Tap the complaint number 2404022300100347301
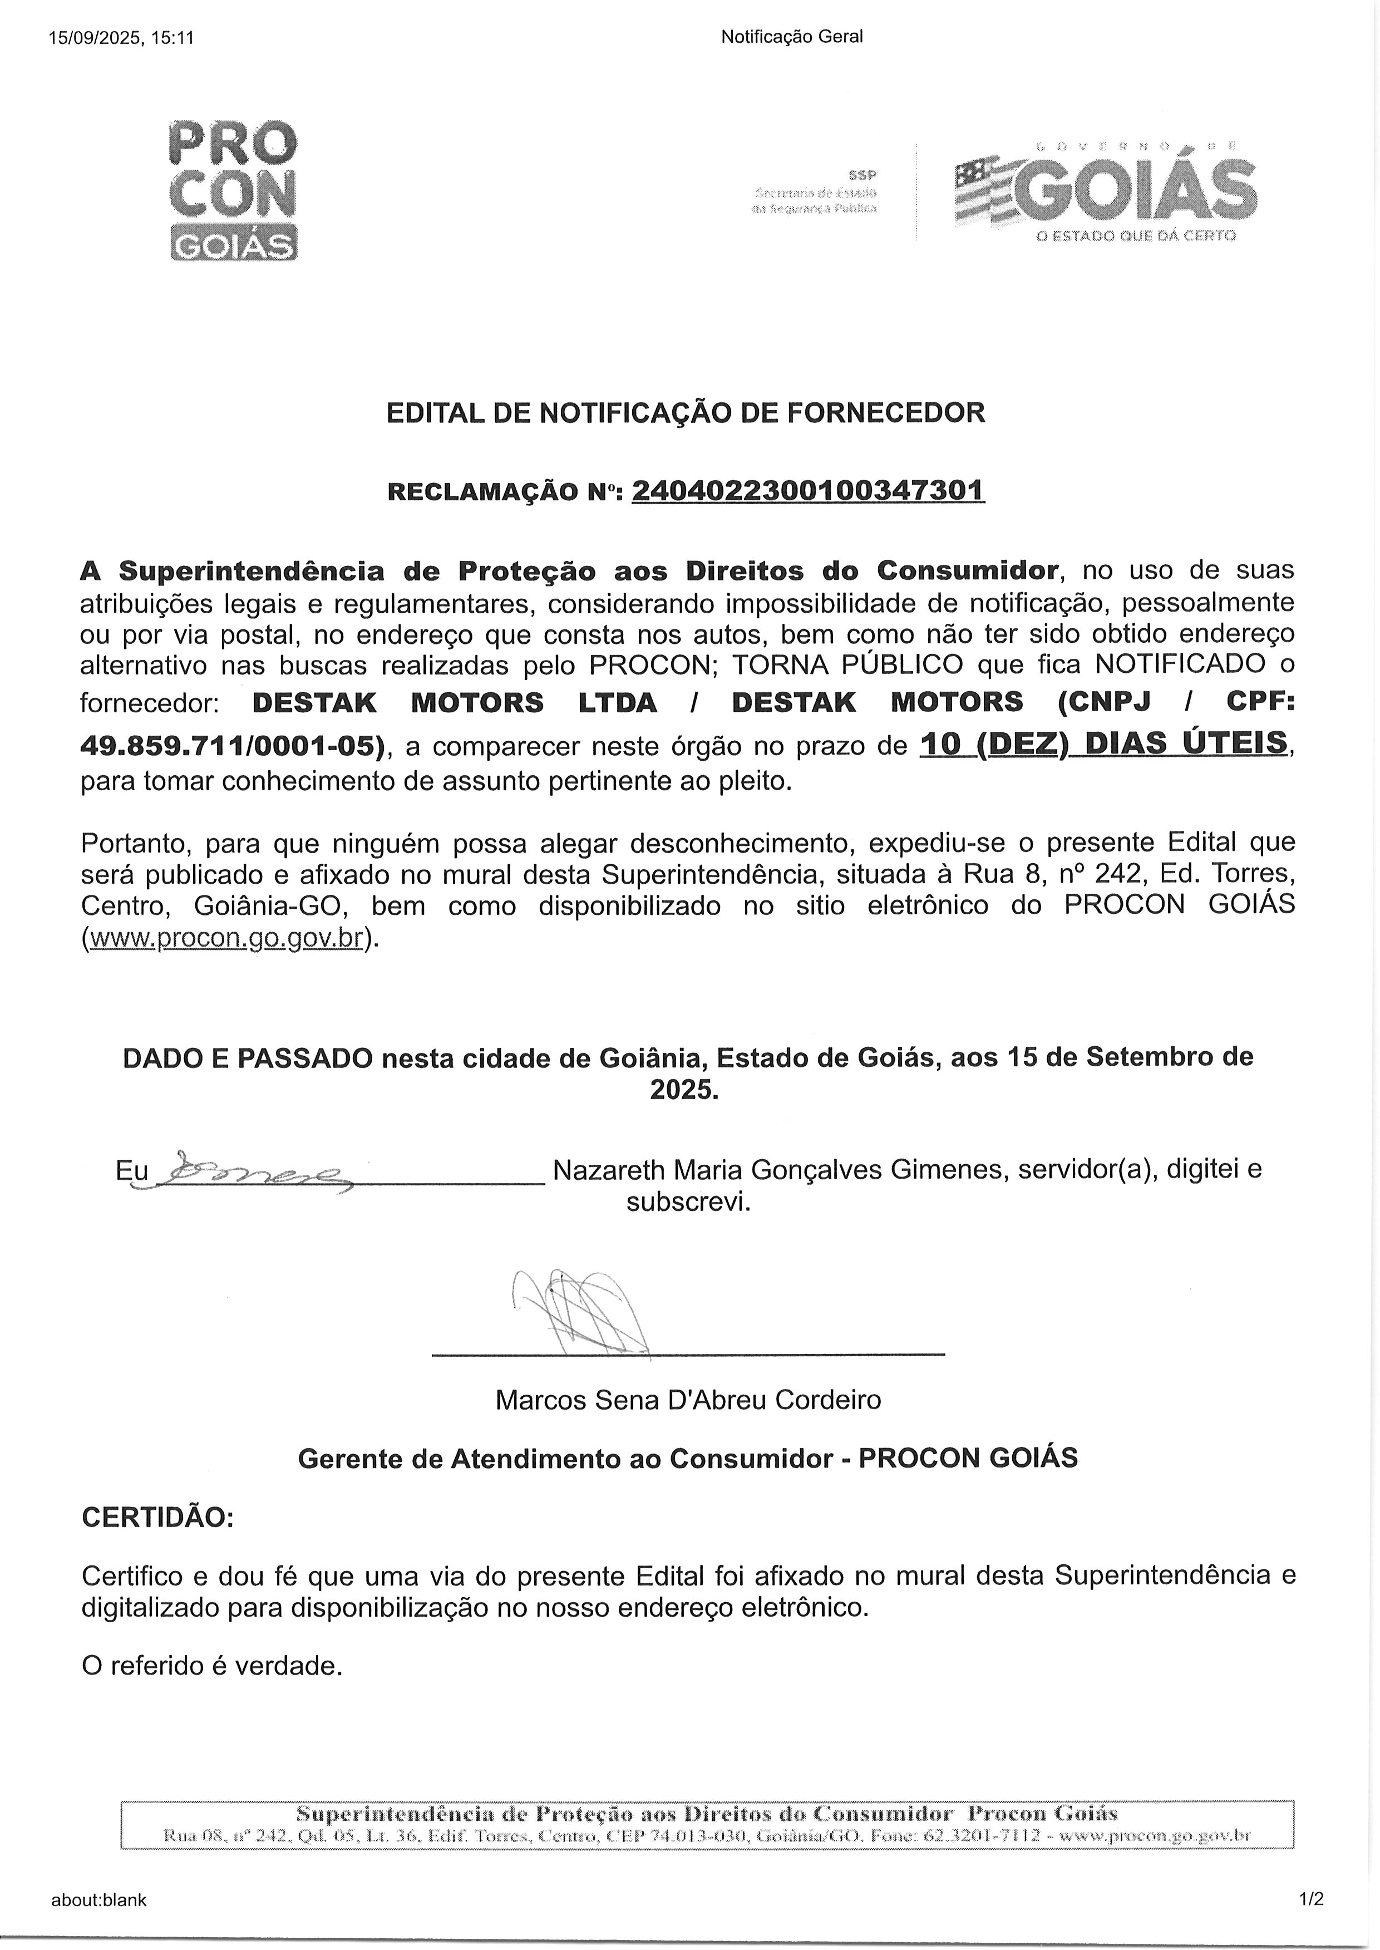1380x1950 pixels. tap(808, 491)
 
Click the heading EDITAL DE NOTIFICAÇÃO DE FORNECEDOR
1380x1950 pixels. tap(686, 413)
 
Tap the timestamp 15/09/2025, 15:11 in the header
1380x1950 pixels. tap(121, 37)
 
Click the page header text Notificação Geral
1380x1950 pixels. tap(791, 37)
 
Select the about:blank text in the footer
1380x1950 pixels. tap(98, 1900)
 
